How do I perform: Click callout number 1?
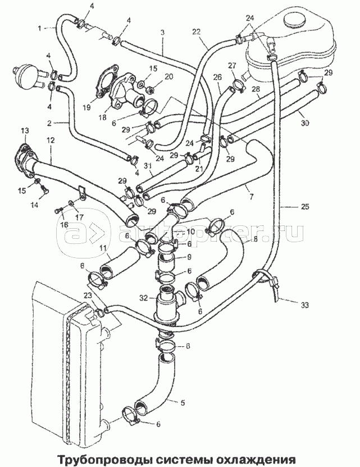click(x=40, y=27)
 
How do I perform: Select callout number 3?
click(x=162, y=33)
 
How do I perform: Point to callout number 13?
click(x=24, y=131)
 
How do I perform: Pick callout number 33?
click(x=304, y=305)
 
